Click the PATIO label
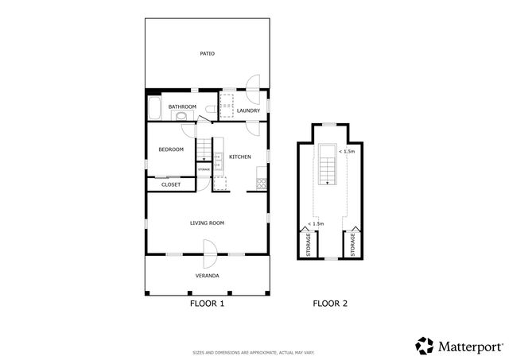(207, 54)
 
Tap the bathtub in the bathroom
(155, 106)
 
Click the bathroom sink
(182, 116)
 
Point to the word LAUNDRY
(248, 110)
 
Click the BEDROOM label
(170, 149)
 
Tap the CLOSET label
(170, 184)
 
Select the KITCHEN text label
(240, 157)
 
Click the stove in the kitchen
(259, 184)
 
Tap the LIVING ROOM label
(207, 223)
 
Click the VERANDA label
(207, 276)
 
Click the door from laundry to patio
(254, 83)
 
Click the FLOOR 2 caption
(329, 303)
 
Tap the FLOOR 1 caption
(207, 303)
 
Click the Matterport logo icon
(425, 346)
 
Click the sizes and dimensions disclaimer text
(254, 351)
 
